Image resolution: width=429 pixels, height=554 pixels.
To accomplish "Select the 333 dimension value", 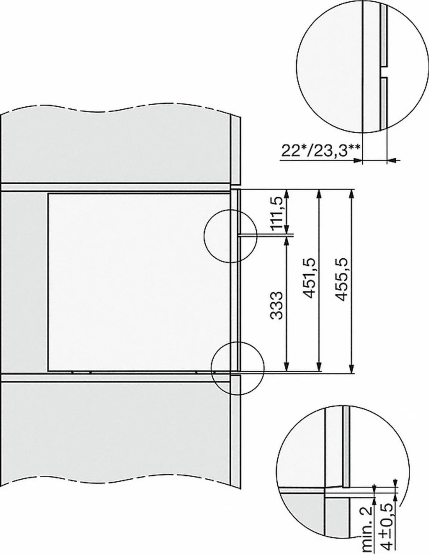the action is [277, 305].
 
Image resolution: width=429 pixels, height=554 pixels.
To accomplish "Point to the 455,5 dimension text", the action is [342, 279].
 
